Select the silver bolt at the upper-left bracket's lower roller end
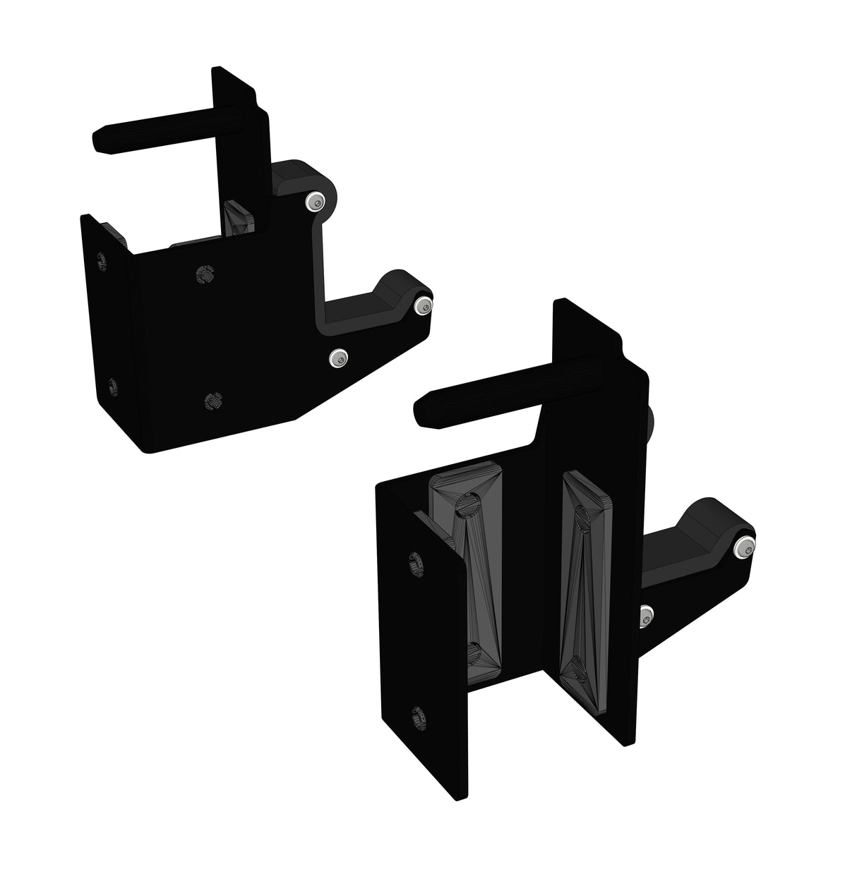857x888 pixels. [x=422, y=304]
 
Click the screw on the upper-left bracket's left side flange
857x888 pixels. [x=111, y=386]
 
